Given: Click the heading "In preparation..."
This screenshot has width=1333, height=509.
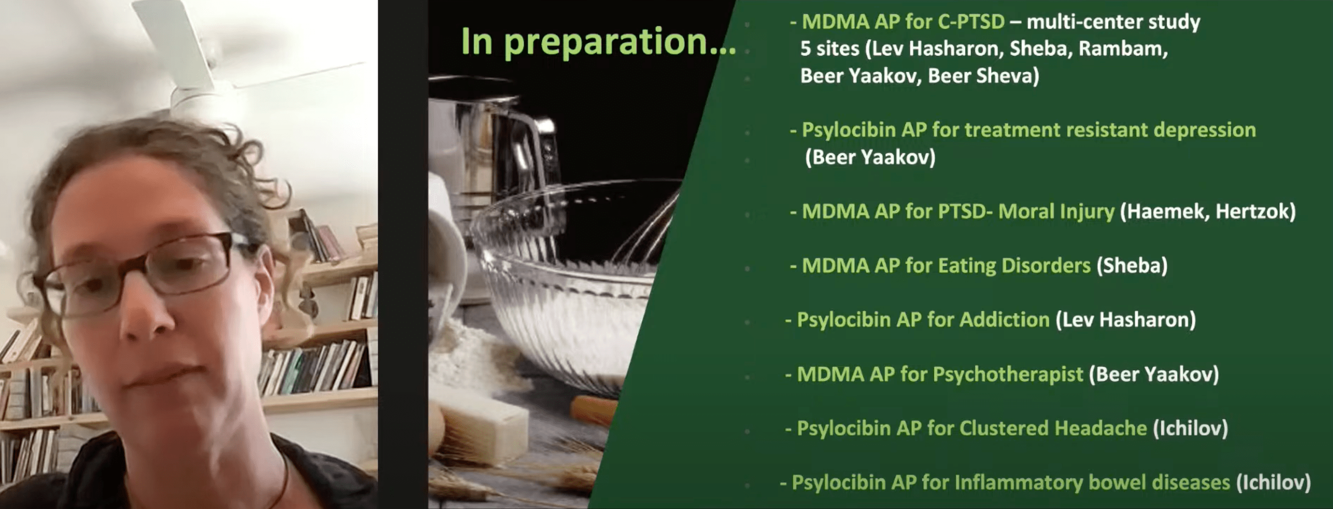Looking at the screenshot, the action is point(598,41).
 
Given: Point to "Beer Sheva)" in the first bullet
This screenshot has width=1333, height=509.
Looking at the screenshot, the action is point(983,76).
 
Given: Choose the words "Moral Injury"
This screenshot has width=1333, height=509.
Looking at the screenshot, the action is point(1056,212).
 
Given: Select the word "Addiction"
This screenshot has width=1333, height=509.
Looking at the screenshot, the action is point(1004,319).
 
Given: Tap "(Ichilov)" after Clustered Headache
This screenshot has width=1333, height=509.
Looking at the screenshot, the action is point(1190,428).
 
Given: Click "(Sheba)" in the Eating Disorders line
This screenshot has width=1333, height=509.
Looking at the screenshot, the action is point(1132,266).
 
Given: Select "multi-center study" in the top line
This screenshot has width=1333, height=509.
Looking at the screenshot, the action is point(1113,22).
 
